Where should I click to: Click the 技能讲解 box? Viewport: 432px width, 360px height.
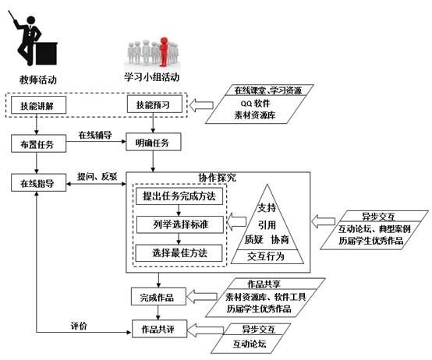point(38,105)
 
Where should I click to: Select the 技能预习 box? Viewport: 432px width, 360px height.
point(154,104)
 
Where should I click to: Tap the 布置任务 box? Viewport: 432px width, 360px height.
point(38,143)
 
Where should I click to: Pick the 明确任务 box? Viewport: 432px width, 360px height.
point(154,142)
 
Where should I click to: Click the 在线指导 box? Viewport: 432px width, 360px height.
point(38,182)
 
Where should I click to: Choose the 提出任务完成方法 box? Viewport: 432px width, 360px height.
point(179,196)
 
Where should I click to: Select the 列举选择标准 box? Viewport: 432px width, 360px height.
point(180,224)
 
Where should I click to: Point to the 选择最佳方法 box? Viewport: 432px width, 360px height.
point(179,253)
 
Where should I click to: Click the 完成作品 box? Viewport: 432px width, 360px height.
point(158,296)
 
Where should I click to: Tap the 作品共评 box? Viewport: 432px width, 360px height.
point(160,329)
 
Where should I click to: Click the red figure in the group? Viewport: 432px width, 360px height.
point(164,52)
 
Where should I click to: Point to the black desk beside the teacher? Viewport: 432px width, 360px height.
point(46,54)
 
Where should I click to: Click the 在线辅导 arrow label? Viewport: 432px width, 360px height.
point(95,135)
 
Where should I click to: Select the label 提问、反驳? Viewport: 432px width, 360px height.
point(97,177)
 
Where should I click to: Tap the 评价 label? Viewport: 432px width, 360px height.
point(79,326)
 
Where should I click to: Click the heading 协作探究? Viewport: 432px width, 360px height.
point(217,178)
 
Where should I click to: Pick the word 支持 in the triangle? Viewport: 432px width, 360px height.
point(267,208)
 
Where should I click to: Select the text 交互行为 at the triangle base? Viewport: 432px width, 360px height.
point(266,256)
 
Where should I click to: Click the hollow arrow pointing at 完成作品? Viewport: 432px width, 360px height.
point(202,296)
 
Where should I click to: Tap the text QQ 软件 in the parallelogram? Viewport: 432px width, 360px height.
point(256,103)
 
